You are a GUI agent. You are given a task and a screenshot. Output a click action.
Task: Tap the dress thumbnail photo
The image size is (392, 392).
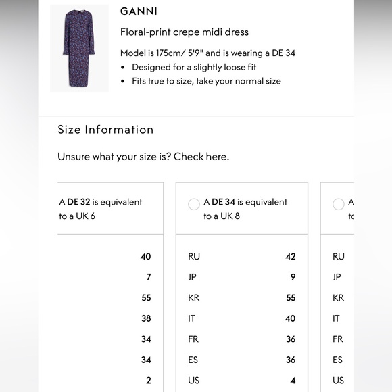pyautogui.click(x=79, y=47)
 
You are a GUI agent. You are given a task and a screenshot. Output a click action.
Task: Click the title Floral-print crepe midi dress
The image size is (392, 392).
pyautogui.click(x=185, y=32)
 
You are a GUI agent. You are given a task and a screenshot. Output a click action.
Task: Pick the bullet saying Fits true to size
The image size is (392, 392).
pyautogui.click(x=206, y=81)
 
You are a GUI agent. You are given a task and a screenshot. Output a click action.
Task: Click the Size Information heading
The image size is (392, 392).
pyautogui.click(x=105, y=129)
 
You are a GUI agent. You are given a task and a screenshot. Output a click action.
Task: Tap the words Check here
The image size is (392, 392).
pyautogui.click(x=201, y=156)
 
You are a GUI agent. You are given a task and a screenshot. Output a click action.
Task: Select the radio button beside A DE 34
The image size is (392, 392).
pyautogui.click(x=194, y=203)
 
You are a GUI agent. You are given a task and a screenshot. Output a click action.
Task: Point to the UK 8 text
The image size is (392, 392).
pyautogui.click(x=228, y=216)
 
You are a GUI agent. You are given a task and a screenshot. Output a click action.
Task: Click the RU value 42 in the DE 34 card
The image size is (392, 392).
pyautogui.click(x=290, y=256)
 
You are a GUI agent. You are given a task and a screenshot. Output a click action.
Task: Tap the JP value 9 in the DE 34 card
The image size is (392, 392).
pyautogui.click(x=293, y=277)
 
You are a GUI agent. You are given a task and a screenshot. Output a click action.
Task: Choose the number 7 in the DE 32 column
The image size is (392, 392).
pyautogui.click(x=149, y=277)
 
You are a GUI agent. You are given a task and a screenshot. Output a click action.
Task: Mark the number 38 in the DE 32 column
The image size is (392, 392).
pyautogui.click(x=146, y=318)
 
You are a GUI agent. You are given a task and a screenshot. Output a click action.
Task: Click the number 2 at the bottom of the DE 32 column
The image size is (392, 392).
pyautogui.click(x=149, y=380)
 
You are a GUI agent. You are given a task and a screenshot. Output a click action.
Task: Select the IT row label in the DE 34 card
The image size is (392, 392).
pyautogui.click(x=192, y=318)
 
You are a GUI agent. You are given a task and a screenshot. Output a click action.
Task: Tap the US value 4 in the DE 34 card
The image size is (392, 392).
pyautogui.click(x=293, y=380)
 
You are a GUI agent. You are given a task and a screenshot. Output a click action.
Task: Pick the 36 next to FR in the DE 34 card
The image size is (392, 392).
pyautogui.click(x=290, y=339)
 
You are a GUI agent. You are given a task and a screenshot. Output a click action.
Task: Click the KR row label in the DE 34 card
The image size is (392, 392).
pyautogui.click(x=193, y=297)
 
